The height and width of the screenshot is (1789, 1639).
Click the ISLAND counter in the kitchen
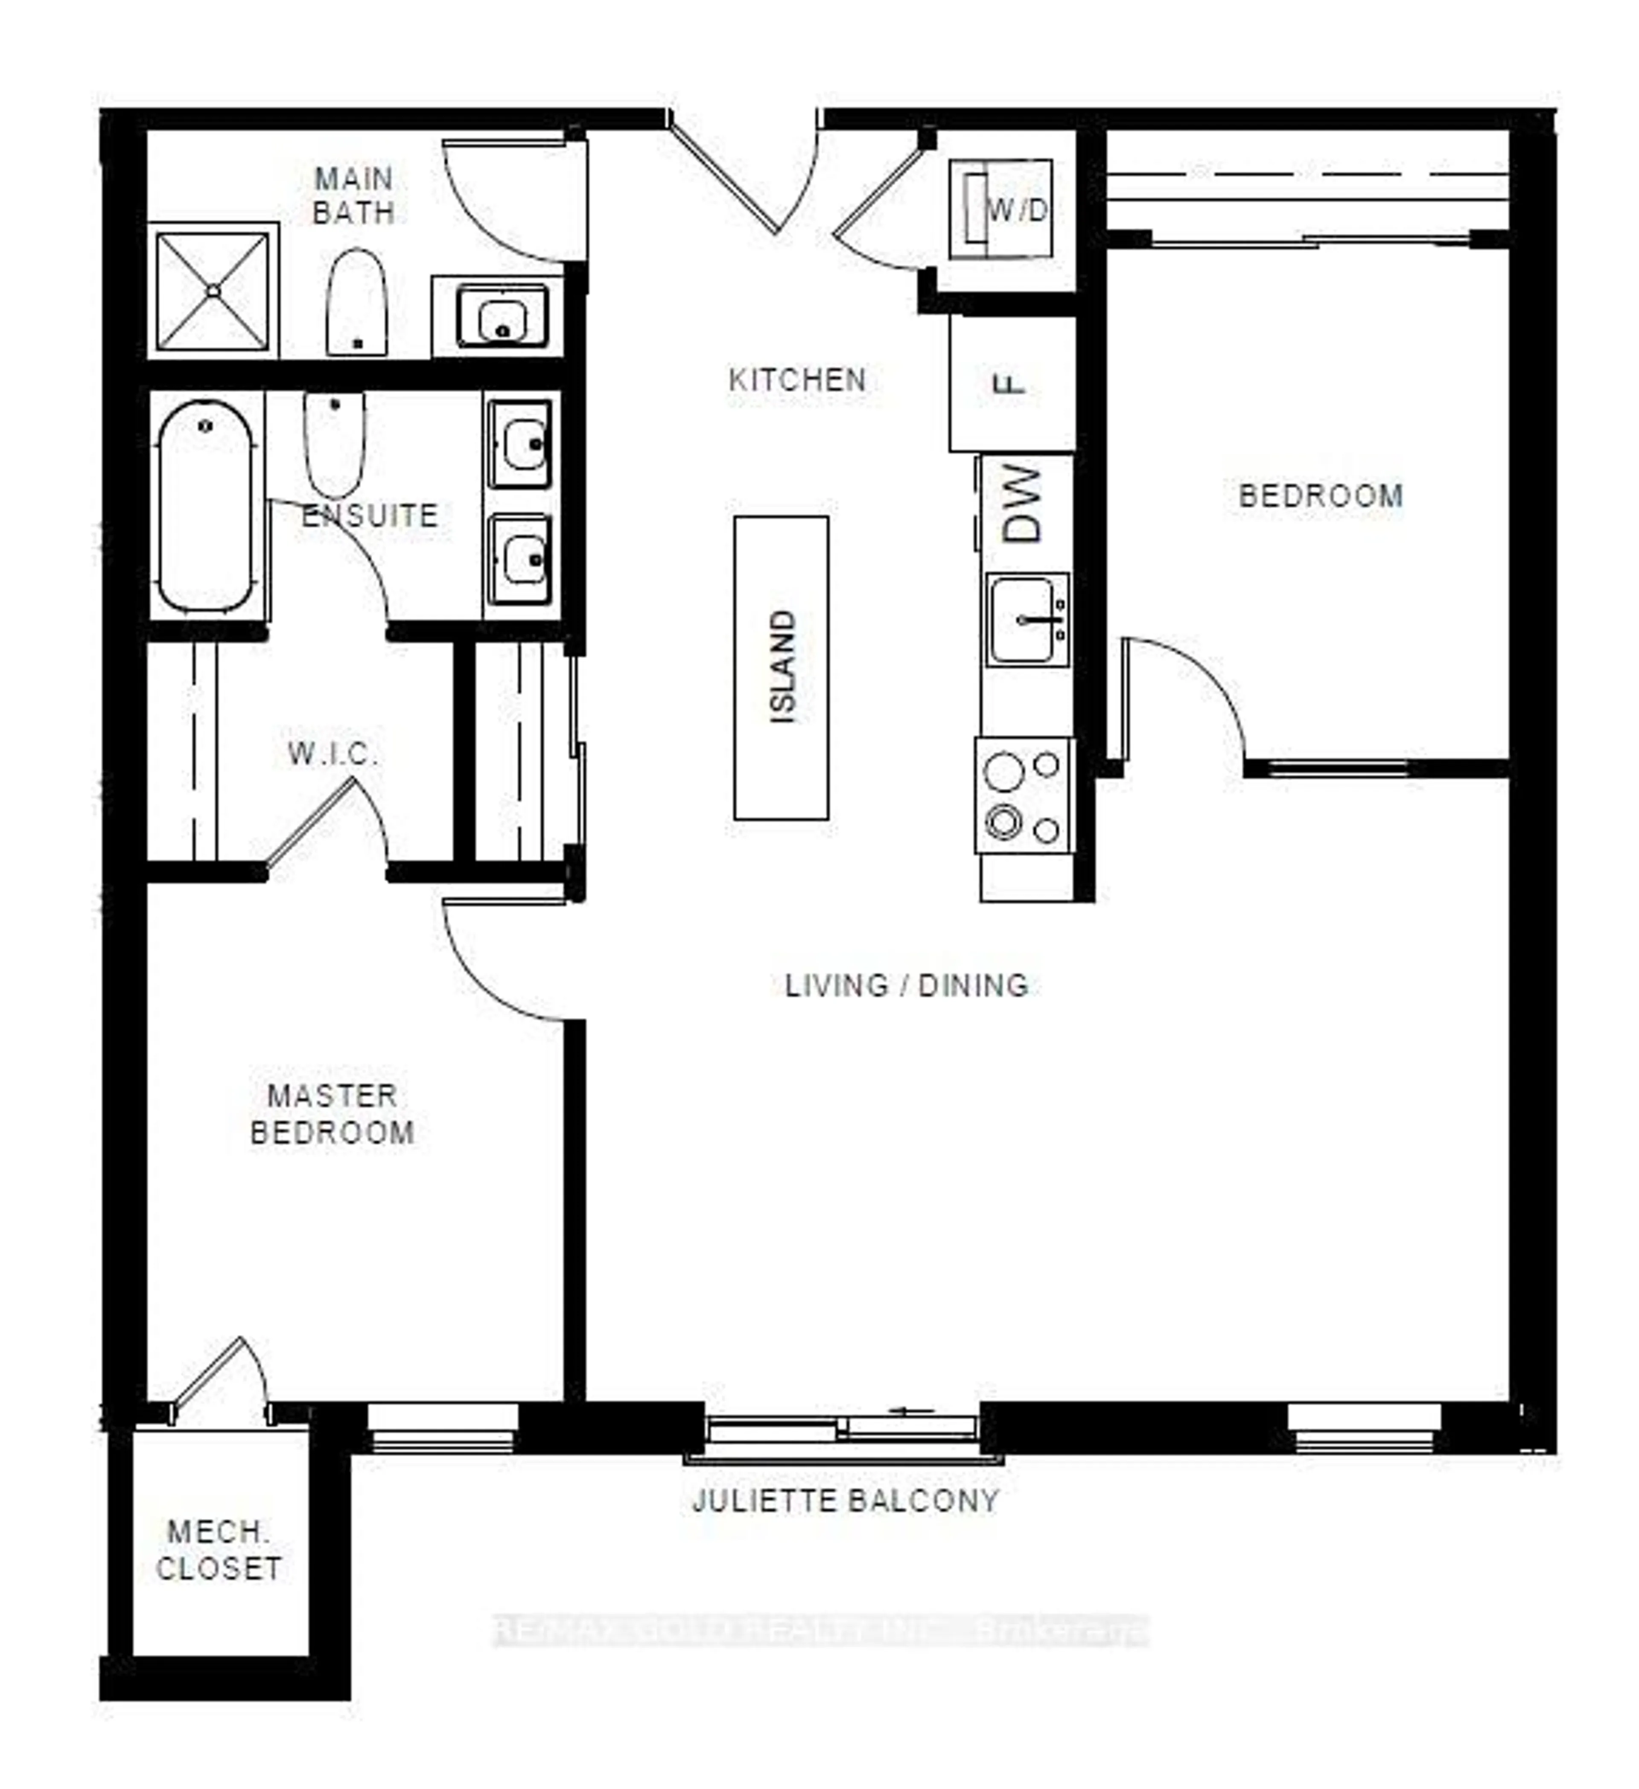click(781, 667)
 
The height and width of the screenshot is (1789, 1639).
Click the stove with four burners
click(1025, 796)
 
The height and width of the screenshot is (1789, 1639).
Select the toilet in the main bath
click(356, 303)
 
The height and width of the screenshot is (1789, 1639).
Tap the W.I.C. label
click(333, 754)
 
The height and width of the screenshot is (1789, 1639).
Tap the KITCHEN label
click(797, 380)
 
